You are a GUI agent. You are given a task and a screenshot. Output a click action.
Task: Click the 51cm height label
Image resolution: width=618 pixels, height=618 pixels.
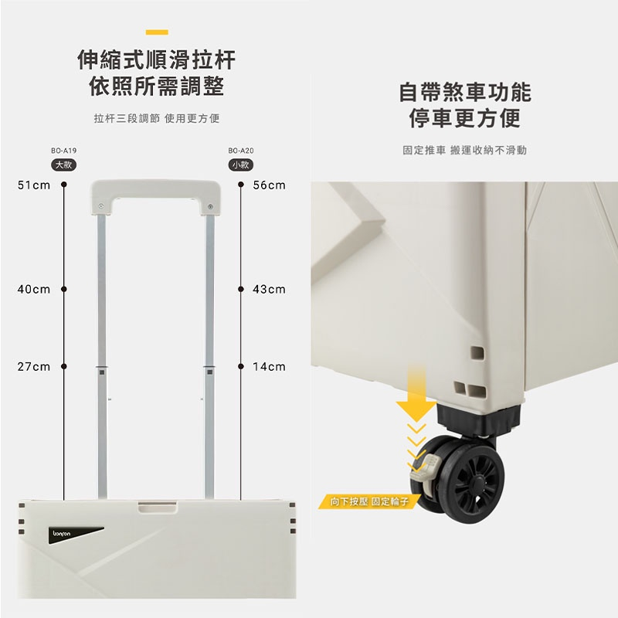point(34,185)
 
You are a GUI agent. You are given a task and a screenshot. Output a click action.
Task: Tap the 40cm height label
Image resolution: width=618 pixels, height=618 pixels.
point(34,289)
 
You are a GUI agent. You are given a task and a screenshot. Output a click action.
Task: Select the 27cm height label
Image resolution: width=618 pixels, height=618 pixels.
point(34,367)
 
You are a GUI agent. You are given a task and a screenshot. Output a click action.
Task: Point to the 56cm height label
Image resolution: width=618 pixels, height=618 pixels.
point(269,185)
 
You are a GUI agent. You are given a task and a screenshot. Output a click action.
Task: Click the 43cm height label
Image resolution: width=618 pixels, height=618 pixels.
point(269,289)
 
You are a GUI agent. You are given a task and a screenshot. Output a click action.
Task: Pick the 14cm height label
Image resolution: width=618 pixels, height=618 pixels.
point(269,367)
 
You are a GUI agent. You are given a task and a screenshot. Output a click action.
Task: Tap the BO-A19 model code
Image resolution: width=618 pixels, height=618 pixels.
point(64,151)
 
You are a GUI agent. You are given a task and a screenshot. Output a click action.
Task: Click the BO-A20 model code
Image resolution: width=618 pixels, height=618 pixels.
point(241,151)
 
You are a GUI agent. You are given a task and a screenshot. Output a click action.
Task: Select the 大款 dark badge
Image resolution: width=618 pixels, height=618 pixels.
point(64,165)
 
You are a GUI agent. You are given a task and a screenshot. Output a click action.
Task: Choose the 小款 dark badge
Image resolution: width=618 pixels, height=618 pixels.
point(241,165)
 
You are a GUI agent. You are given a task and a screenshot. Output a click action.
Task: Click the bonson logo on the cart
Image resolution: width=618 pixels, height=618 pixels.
point(62,534)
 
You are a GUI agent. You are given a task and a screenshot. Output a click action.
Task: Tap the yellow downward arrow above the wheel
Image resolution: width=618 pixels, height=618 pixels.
point(416,394)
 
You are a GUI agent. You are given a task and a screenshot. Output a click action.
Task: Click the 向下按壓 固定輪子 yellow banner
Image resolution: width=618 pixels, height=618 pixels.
point(369,501)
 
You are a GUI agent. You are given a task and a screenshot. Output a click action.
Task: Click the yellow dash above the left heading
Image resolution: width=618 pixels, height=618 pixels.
point(157,32)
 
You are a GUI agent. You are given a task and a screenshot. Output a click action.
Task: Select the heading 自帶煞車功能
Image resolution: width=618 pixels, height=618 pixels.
point(465,93)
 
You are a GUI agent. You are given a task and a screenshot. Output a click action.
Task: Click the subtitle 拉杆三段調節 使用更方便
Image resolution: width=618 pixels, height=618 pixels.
point(157,118)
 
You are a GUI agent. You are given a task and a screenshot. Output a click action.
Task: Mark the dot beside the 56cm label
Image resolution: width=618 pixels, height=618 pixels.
point(241,185)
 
